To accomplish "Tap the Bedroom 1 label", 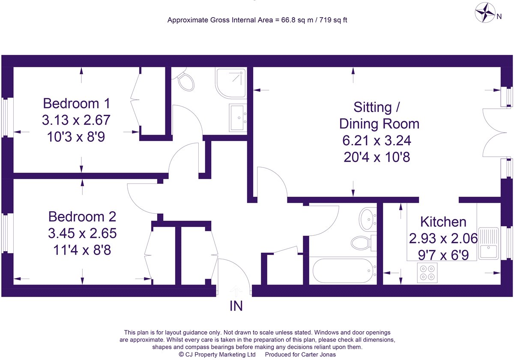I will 77,103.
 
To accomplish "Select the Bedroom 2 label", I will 82,216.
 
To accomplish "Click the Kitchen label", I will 443,222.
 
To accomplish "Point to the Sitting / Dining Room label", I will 379,115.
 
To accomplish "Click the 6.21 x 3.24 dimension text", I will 377,141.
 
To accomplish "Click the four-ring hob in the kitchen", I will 427,272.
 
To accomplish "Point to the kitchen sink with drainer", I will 487,243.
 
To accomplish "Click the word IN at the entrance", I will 236,306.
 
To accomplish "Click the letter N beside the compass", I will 499,17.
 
